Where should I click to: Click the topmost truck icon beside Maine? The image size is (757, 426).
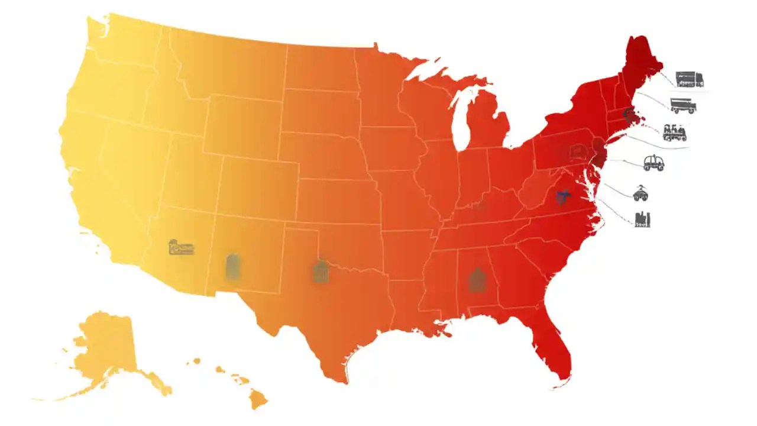click(689, 79)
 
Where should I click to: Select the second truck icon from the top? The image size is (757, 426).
click(683, 106)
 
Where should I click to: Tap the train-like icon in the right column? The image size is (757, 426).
click(674, 132)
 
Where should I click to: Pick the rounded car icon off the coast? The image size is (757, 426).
click(654, 163)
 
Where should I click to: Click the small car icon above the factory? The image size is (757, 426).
click(640, 193)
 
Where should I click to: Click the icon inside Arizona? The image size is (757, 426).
click(181, 247)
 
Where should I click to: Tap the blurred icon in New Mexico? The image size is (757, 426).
click(233, 266)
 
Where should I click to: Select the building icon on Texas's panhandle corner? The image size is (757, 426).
click(321, 271)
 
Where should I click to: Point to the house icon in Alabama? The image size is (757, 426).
click(477, 279)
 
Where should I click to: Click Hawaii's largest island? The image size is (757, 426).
click(258, 399)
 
